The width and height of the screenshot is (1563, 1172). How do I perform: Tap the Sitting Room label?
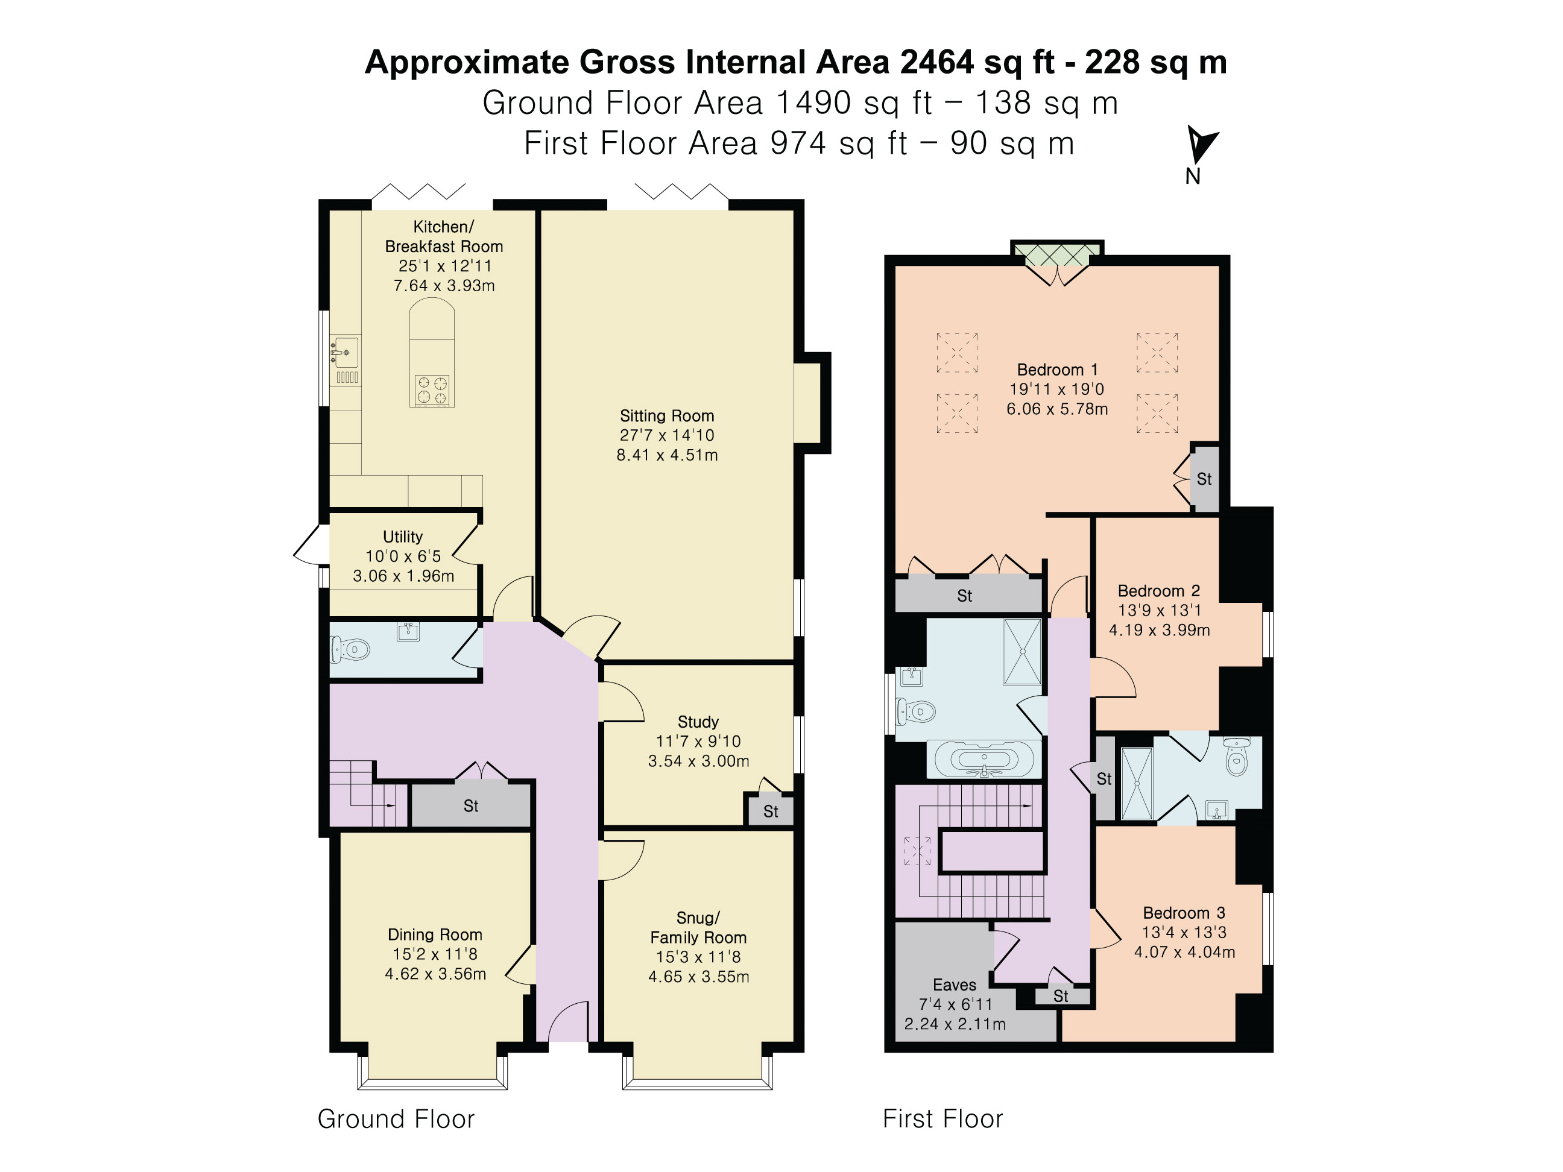click(x=667, y=416)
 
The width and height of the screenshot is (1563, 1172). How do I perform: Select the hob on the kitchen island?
click(x=432, y=391)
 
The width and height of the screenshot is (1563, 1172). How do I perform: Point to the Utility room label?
click(x=403, y=537)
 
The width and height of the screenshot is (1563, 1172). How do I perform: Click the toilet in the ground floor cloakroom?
click(x=350, y=649)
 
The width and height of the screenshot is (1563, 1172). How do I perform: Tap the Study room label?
click(x=698, y=722)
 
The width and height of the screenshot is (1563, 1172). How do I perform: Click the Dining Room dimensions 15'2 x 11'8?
click(x=435, y=954)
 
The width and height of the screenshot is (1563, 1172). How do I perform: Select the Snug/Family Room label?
click(x=698, y=928)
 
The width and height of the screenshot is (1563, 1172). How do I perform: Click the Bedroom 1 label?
click(x=1057, y=370)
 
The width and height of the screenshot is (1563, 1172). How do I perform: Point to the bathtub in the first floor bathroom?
click(x=984, y=760)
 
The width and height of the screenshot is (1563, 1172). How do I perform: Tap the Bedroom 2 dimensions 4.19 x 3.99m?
click(x=1160, y=630)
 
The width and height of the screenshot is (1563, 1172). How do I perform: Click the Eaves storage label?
click(x=955, y=985)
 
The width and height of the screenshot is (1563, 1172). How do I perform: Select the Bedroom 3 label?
click(x=1184, y=913)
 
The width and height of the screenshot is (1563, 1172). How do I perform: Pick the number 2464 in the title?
click(x=937, y=62)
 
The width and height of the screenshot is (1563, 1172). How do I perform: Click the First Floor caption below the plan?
click(x=943, y=1119)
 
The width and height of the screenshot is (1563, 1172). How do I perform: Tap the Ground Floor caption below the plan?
click(x=396, y=1119)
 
